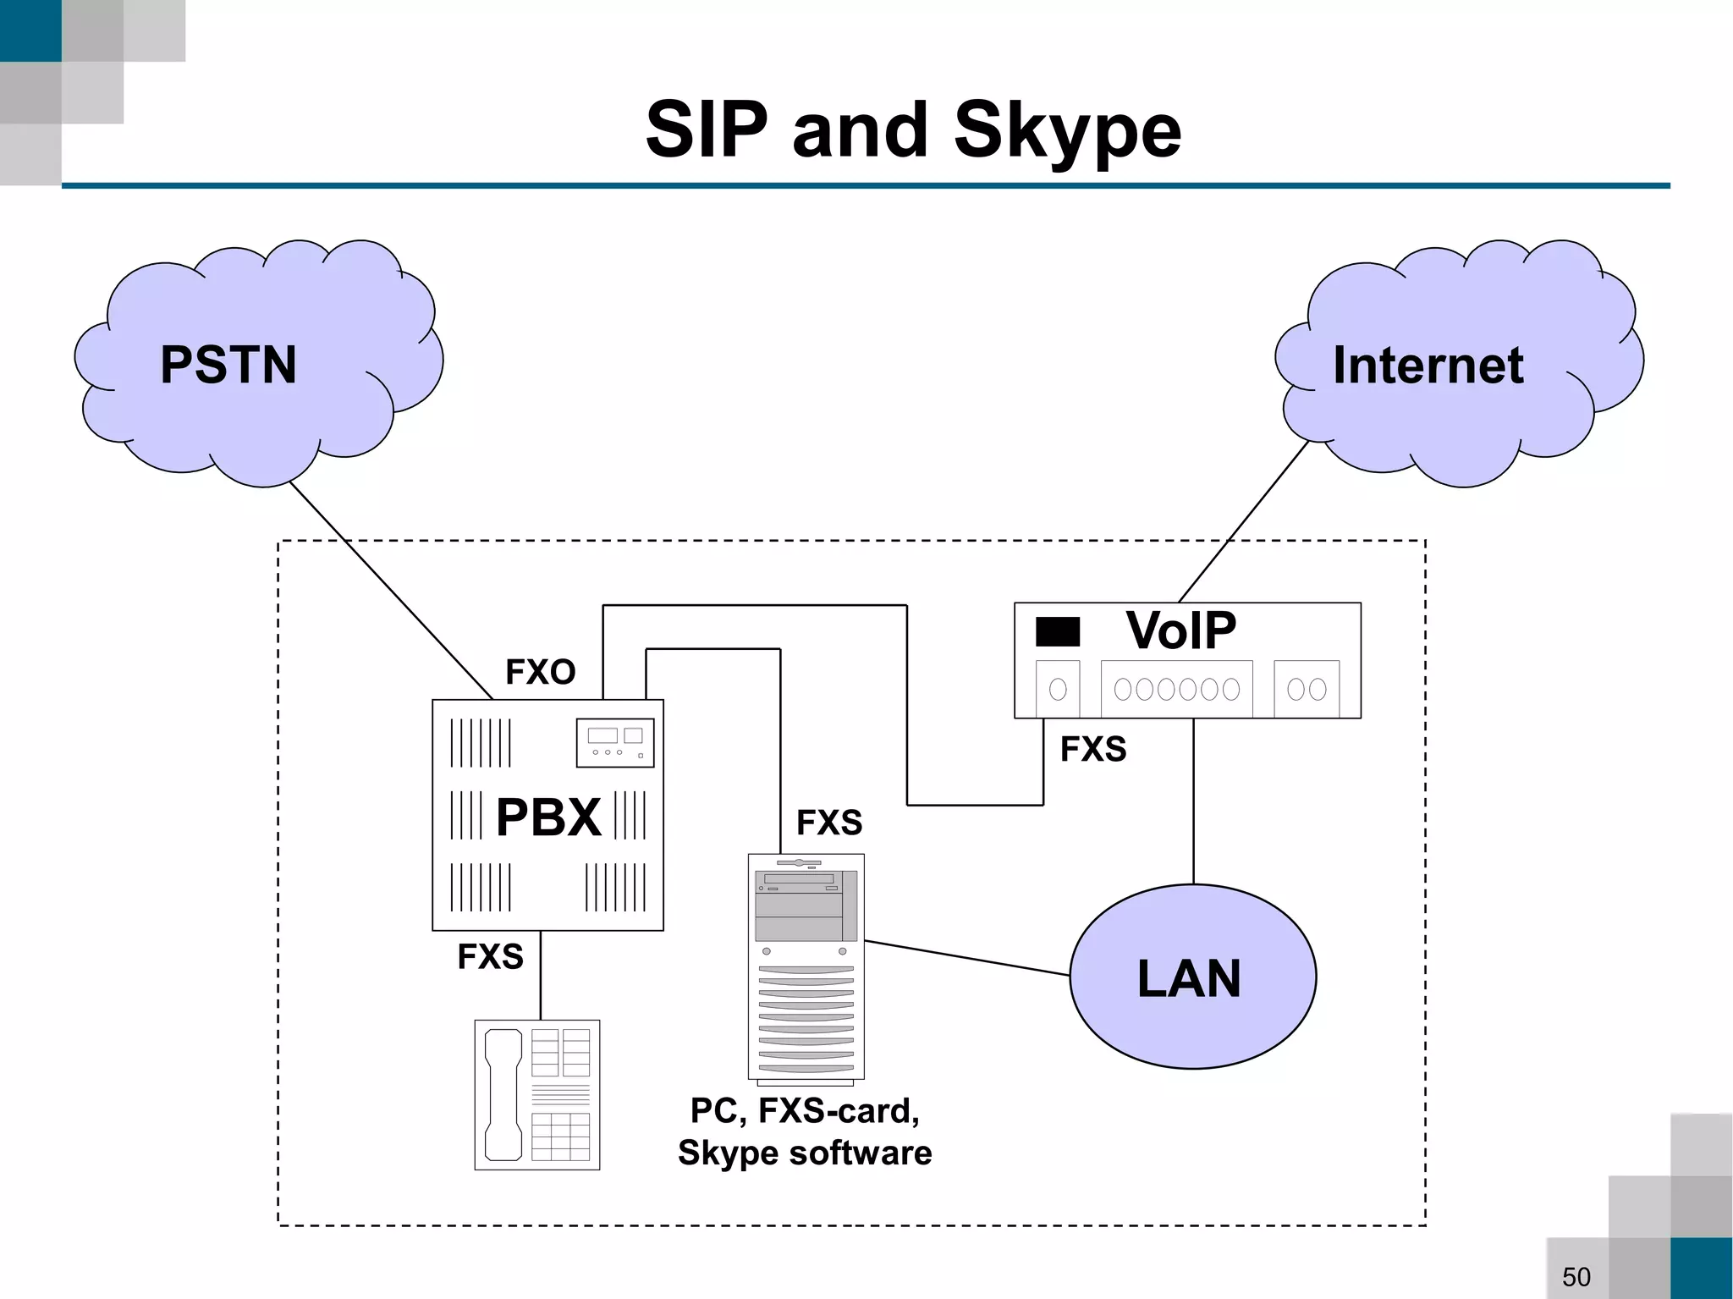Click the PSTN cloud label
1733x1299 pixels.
coord(228,365)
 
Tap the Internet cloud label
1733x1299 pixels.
coord(1428,365)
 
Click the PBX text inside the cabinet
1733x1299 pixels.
coord(548,817)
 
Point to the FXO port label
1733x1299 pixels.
coord(540,672)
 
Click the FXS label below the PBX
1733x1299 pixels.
coord(490,956)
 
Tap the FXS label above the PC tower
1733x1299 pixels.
coord(828,822)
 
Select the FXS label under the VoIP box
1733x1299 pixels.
coord(1092,749)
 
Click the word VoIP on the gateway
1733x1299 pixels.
coord(1180,630)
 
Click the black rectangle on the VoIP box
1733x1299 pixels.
coord(1058,631)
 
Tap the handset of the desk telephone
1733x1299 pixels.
coord(503,1094)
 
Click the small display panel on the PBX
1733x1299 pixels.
coord(615,742)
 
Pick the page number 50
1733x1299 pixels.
coord(1576,1276)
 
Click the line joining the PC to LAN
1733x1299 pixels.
coord(966,958)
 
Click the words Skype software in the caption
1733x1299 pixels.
coord(804,1153)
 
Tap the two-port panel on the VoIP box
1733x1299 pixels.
coord(1306,689)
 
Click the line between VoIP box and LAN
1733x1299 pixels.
coord(1193,801)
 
